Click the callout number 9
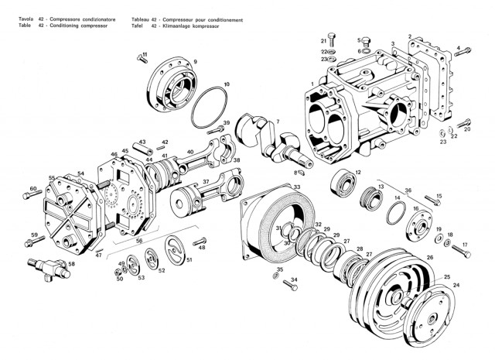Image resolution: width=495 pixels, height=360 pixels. (x=196, y=61)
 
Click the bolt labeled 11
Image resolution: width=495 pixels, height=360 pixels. (x=141, y=57)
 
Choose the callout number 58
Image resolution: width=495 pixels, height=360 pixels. (x=72, y=264)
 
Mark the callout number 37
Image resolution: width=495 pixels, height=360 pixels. (x=206, y=180)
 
